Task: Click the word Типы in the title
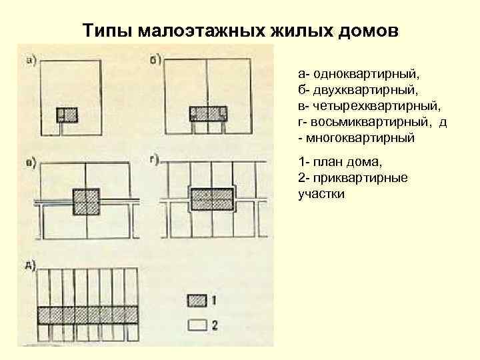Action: coord(106,31)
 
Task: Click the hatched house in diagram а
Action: coord(67,114)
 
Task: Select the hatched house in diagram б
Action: coord(208,113)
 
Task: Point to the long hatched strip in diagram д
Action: coord(87,314)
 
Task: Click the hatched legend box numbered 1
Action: coord(197,301)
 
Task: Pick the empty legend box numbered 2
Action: coord(197,325)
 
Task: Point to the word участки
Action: coord(321,195)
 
